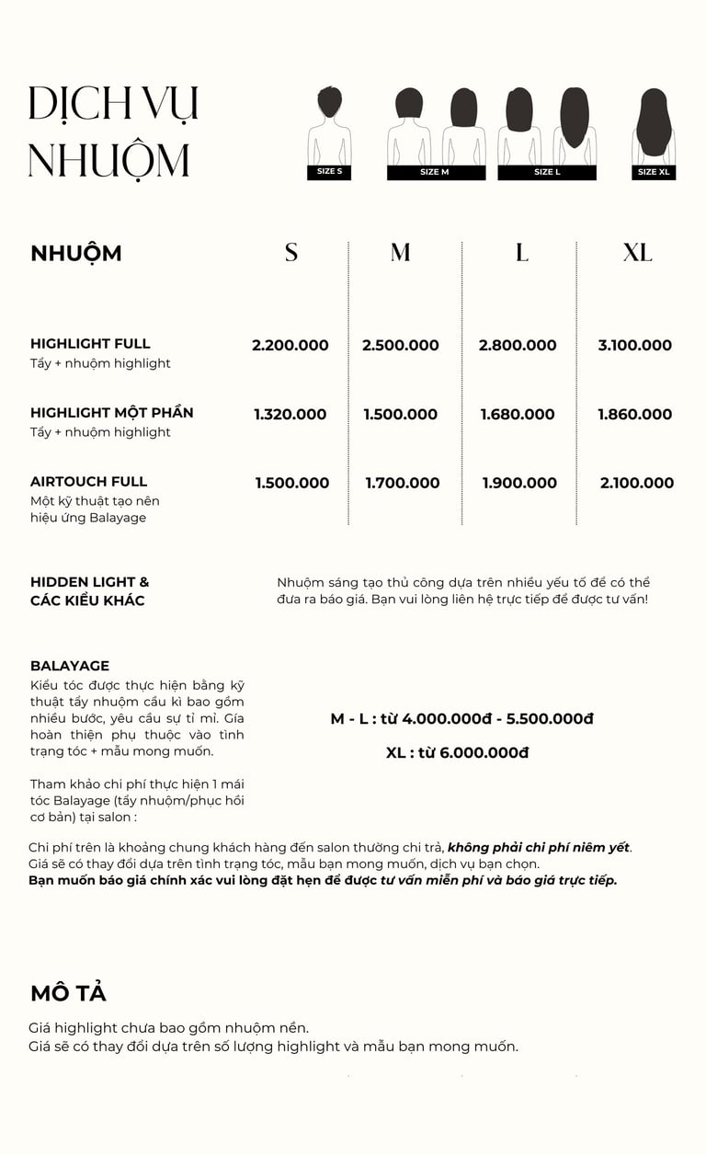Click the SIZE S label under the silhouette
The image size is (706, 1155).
pyautogui.click(x=329, y=172)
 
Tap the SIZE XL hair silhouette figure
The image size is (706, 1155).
pyautogui.click(x=654, y=125)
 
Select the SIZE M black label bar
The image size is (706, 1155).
pyautogui.click(x=436, y=172)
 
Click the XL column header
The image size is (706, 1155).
pyautogui.click(x=637, y=253)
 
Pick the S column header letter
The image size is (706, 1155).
pyautogui.click(x=291, y=253)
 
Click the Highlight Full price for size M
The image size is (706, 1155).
pyautogui.click(x=400, y=346)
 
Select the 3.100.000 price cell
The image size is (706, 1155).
pyautogui.click(x=635, y=346)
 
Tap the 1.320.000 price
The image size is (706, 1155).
pyautogui.click(x=290, y=415)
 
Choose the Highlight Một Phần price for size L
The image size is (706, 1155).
pyautogui.click(x=518, y=415)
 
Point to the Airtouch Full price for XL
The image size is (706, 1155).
pyautogui.click(x=637, y=483)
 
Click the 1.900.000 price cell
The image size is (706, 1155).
pyautogui.click(x=519, y=483)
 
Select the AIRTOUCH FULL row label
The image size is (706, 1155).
pyautogui.click(x=88, y=482)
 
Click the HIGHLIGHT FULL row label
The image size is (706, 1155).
pyautogui.click(x=90, y=344)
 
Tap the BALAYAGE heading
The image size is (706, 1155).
pyautogui.click(x=70, y=666)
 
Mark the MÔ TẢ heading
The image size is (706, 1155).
pyautogui.click(x=68, y=993)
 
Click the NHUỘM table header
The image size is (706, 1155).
pyautogui.click(x=76, y=254)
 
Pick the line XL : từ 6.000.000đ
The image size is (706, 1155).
pyautogui.click(x=458, y=753)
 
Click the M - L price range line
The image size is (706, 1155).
pyautogui.click(x=461, y=719)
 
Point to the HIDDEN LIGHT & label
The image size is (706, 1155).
pyautogui.click(x=89, y=582)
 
